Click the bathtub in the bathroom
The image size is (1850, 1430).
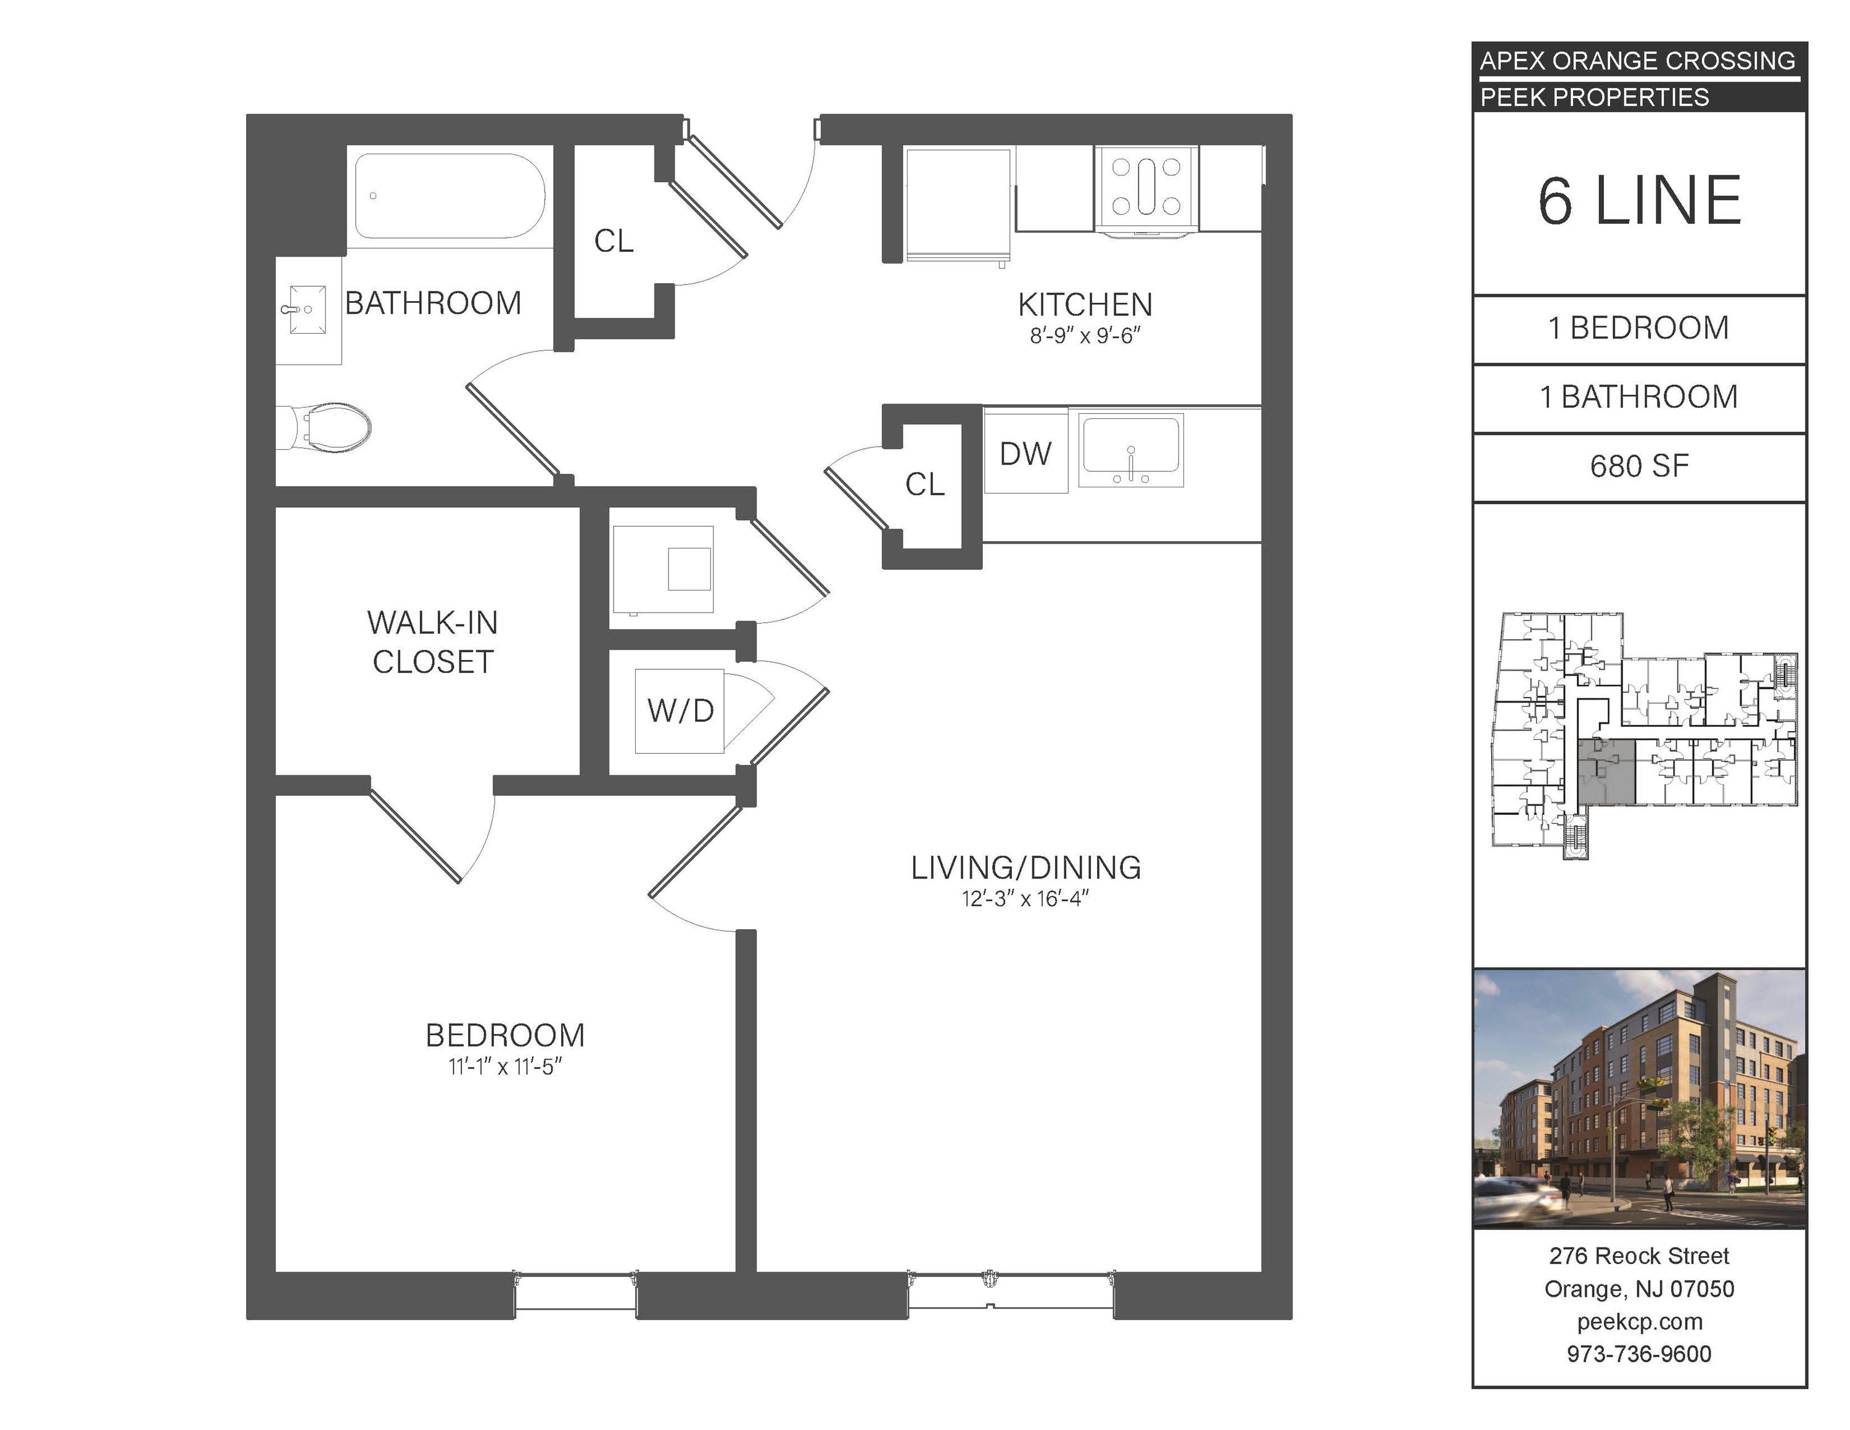[x=449, y=197]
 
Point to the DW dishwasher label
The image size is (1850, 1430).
[x=1025, y=454]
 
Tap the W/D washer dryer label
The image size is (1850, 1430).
[x=680, y=710]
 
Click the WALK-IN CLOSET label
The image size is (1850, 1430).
[x=433, y=642]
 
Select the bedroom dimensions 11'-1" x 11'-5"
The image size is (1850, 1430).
[x=506, y=1067]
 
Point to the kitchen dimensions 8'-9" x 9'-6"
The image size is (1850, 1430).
[x=1085, y=336]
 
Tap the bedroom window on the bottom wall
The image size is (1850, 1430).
[x=576, y=1294]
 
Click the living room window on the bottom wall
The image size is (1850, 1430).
[x=1011, y=1294]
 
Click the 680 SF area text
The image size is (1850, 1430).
[x=1639, y=466]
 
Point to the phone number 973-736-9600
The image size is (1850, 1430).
[x=1639, y=1354]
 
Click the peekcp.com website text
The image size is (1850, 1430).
[x=1639, y=1321]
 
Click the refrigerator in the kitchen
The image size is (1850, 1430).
[x=958, y=204]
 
